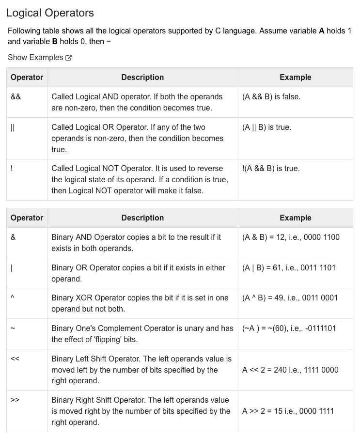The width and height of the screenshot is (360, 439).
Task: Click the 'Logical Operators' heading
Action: pos(50,13)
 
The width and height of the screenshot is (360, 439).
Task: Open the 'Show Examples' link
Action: pos(35,58)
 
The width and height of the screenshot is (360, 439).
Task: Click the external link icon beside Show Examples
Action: pos(69,58)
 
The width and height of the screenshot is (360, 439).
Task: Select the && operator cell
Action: pos(16,96)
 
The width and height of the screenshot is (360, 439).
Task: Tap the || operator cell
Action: pos(13,127)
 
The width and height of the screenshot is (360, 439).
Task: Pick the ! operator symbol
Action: pos(12,169)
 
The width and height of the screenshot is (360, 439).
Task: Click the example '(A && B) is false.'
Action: pos(271,96)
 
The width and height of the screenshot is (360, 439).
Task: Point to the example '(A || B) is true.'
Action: pos(266,127)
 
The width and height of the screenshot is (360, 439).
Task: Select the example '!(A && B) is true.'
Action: pos(270,169)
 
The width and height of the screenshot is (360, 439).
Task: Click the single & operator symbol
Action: pos(13,237)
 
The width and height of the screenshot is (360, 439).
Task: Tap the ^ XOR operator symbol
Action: pos(13,298)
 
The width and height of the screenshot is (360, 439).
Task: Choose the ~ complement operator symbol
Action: pos(13,329)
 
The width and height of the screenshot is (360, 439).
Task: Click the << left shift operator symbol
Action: pos(15,359)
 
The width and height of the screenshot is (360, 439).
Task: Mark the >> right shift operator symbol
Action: pos(15,400)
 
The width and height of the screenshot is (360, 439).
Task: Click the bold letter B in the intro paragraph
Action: pos(55,42)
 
